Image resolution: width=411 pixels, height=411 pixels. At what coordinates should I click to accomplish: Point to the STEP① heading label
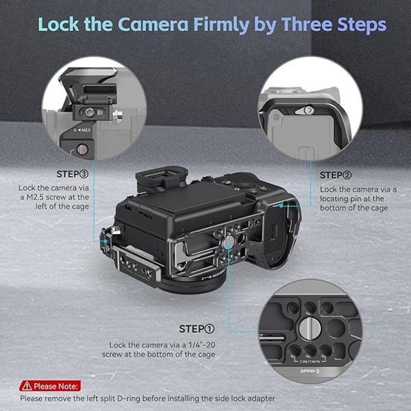click(197, 329)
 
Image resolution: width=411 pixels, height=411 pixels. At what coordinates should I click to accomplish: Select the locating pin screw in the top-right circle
click(309, 110)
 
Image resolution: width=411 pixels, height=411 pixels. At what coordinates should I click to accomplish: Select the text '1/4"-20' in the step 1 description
click(200, 345)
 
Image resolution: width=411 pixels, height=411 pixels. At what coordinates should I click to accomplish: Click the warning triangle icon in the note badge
click(26, 386)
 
